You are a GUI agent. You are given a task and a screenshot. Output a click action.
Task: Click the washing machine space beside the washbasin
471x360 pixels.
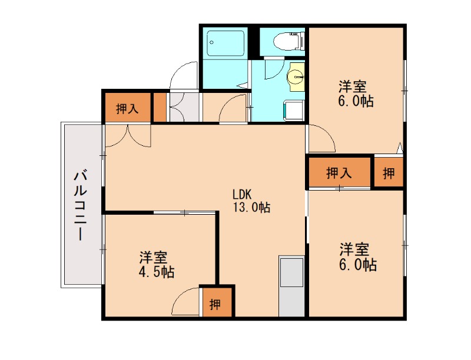pos(293,109)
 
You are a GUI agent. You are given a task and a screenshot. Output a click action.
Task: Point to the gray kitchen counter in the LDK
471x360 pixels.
pos(291,286)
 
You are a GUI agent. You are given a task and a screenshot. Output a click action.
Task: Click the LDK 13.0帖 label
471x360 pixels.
pos(251,201)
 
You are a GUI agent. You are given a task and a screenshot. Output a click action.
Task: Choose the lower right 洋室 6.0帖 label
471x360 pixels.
pos(356,256)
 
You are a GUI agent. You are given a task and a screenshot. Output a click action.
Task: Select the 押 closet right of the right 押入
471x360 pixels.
pos(389,173)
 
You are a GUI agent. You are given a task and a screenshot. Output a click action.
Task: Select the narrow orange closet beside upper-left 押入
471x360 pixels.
pos(160,107)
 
